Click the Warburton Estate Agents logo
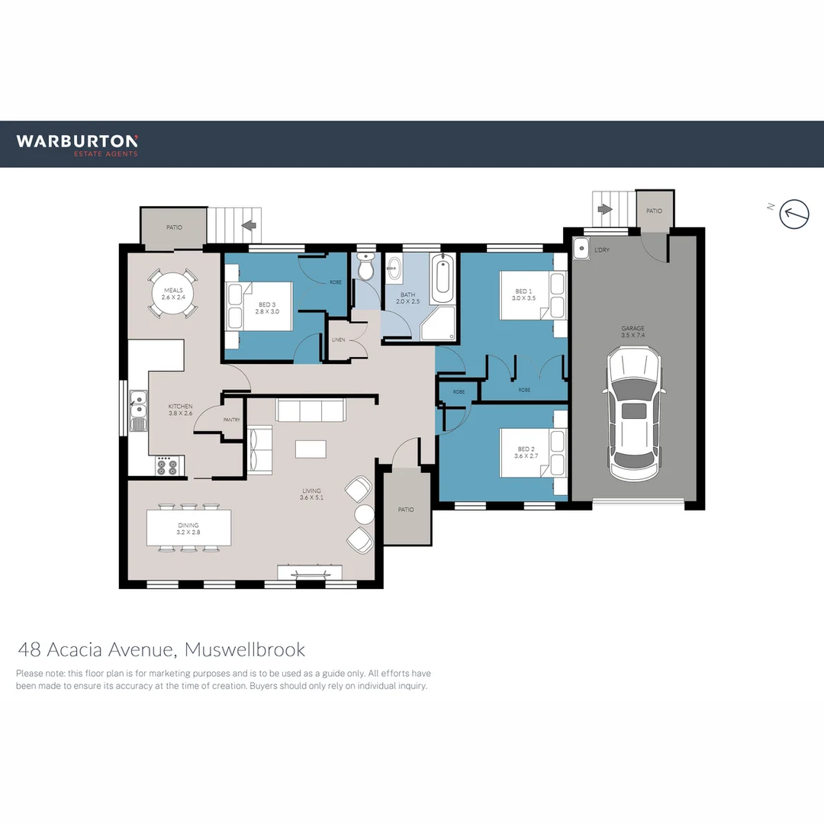click(x=77, y=144)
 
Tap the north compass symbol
click(x=793, y=214)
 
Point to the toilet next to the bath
click(x=365, y=269)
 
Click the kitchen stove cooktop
click(x=167, y=465)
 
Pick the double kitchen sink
click(x=138, y=411)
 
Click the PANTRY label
click(x=232, y=420)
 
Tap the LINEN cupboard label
click(x=338, y=339)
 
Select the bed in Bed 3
click(x=261, y=307)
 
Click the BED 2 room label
click(x=523, y=452)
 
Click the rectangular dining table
click(x=188, y=527)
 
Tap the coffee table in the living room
click(x=311, y=449)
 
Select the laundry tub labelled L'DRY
click(x=582, y=249)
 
